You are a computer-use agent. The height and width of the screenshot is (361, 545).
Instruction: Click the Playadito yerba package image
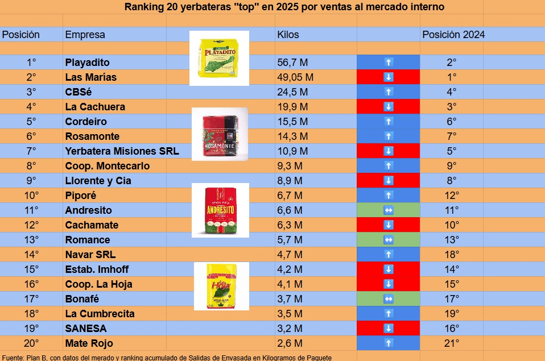click(x=219, y=58)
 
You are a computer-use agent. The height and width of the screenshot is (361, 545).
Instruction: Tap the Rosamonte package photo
click(x=219, y=135)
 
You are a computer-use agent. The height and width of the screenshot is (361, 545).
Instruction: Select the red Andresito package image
click(x=220, y=210)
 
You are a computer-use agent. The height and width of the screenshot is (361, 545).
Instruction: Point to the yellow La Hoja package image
click(x=221, y=286)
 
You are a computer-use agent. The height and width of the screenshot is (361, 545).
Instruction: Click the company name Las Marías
click(x=90, y=77)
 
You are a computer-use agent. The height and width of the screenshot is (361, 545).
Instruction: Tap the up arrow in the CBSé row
click(x=388, y=92)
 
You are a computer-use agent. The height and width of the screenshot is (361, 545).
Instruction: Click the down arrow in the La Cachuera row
click(x=388, y=107)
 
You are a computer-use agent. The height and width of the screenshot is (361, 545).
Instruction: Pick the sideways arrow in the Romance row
click(x=388, y=240)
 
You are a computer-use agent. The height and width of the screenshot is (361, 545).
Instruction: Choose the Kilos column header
click(x=288, y=35)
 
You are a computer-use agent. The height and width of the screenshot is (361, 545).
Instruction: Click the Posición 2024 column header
click(x=453, y=35)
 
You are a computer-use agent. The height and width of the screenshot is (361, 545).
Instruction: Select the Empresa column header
click(x=85, y=35)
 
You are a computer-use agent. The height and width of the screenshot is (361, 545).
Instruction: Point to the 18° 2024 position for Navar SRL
click(x=452, y=255)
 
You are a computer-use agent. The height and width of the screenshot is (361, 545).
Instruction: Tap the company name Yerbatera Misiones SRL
click(x=122, y=151)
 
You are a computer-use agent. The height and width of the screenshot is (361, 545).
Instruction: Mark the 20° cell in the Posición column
click(x=31, y=343)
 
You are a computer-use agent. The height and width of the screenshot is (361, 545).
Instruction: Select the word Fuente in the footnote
click(x=13, y=358)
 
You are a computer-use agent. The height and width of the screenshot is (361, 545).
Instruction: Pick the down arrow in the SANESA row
click(x=388, y=329)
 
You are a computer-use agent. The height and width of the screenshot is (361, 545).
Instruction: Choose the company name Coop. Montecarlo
click(x=107, y=166)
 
